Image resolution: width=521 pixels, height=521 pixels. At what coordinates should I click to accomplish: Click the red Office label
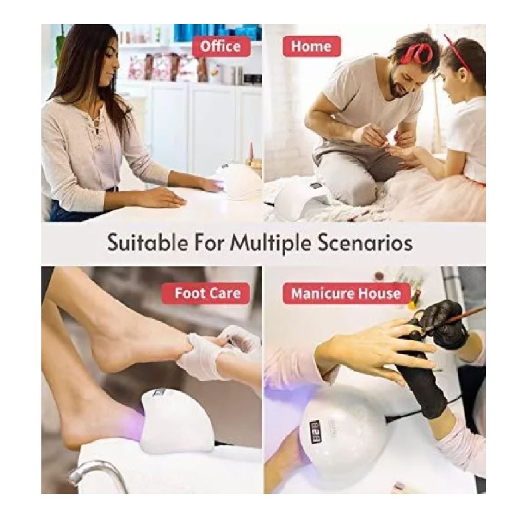pyautogui.click(x=221, y=46)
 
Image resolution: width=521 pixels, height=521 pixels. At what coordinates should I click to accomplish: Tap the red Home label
pyautogui.click(x=311, y=46)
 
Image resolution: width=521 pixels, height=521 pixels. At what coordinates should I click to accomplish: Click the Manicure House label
pyautogui.click(x=346, y=293)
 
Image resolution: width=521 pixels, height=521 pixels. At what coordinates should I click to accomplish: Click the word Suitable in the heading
pyautogui.click(x=147, y=244)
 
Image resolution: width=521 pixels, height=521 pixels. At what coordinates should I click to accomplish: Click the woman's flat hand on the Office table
pyautogui.click(x=162, y=199)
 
